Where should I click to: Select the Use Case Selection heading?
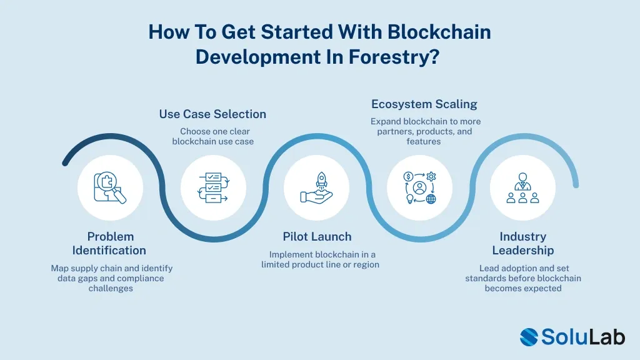(212, 114)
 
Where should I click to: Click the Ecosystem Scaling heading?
(424, 104)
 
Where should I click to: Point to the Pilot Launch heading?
(317, 237)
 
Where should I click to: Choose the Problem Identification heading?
(110, 244)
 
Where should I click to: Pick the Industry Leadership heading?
(522, 244)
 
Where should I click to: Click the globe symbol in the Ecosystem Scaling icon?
(431, 199)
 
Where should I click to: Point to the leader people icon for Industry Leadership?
(522, 188)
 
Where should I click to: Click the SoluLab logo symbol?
(529, 337)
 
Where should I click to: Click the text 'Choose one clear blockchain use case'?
(212, 136)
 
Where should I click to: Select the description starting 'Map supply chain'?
(111, 278)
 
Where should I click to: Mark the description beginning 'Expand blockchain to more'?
(425, 131)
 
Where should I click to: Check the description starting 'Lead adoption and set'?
(523, 278)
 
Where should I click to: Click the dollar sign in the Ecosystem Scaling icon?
(409, 177)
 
